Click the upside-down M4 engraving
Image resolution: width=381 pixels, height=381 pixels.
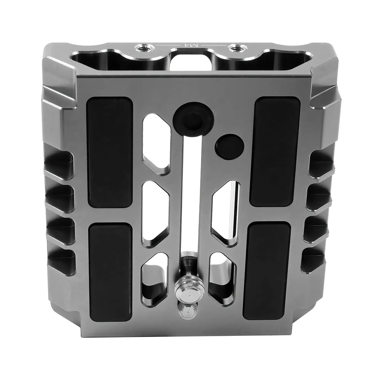pos(190,45)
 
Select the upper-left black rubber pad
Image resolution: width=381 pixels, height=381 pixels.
pos(110,153)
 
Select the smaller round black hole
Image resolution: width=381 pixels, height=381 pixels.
pos(230,146)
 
